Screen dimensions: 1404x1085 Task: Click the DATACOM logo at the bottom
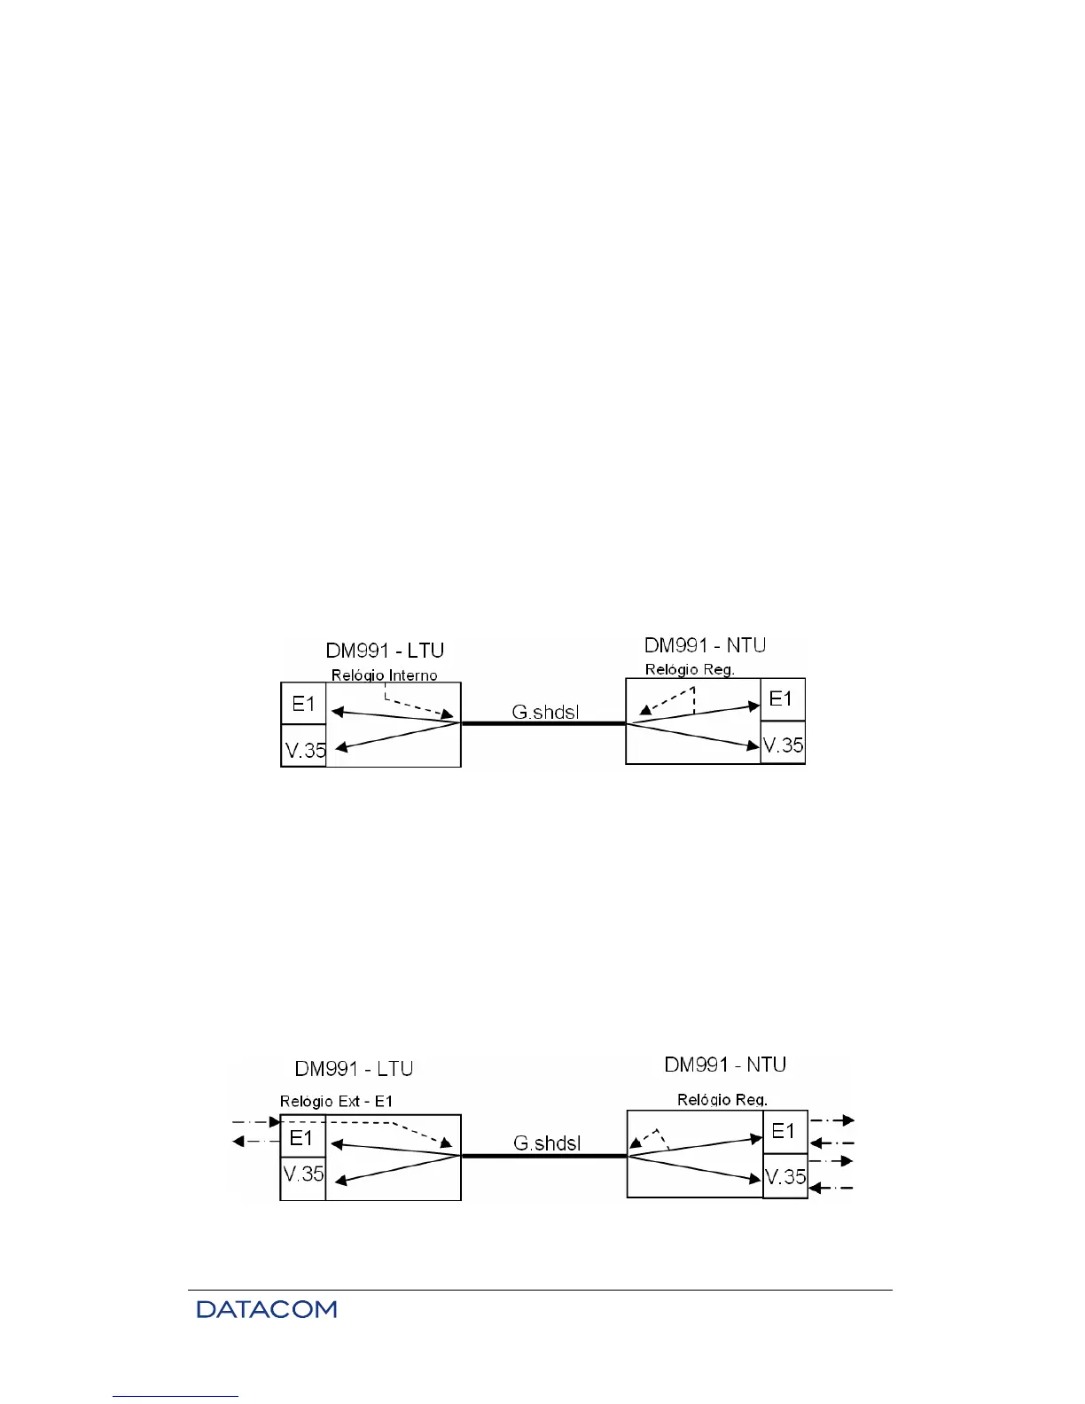[x=267, y=1309]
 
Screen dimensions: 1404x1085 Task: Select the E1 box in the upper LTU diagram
[x=303, y=704]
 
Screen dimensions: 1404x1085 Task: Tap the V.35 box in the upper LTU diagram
[x=304, y=749]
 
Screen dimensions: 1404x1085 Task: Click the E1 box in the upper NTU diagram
[x=782, y=699]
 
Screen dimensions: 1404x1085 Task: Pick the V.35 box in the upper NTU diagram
[x=783, y=745]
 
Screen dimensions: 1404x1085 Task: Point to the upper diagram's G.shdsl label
[x=545, y=712]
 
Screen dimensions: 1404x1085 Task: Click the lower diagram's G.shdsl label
[x=547, y=1143]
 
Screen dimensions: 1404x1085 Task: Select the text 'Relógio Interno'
[x=384, y=675]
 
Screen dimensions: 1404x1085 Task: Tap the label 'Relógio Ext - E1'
[x=336, y=1102]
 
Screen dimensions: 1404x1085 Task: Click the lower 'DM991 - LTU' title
[x=354, y=1069]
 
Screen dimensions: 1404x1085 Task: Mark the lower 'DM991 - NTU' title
[x=725, y=1065]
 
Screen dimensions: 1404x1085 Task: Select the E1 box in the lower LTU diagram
[x=302, y=1137]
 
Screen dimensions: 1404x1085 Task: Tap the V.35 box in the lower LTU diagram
[x=303, y=1174]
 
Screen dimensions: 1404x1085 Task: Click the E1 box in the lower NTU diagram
[x=784, y=1131]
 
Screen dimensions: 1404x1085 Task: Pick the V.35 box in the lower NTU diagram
[x=785, y=1177]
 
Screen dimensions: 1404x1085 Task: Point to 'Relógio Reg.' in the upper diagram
[x=689, y=669]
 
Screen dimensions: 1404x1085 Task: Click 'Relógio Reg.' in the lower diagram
[x=722, y=1100]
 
